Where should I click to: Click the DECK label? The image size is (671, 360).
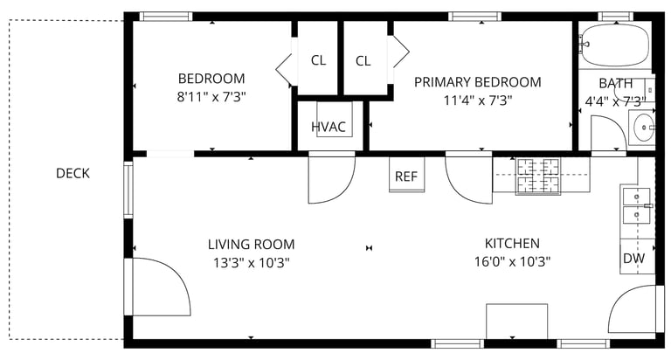pos(73,173)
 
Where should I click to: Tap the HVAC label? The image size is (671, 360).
pos(329,127)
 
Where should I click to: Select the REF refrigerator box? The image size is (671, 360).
pos(406,175)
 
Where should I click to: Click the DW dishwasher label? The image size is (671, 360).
pos(633,258)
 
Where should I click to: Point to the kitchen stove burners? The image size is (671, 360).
pos(538,176)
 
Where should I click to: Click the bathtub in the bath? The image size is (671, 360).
pos(615,45)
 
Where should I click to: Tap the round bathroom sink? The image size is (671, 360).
pos(644,127)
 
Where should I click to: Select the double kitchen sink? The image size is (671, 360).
pos(636,206)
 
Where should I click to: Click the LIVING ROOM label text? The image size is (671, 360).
pos(252,245)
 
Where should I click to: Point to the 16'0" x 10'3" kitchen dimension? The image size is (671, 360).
pos(512,261)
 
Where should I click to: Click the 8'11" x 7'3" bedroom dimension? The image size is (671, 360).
pos(211,97)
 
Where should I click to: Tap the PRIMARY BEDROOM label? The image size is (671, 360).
pos(478,82)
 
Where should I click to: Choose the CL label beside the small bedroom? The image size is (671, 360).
pos(318,60)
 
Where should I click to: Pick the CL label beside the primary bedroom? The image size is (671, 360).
pos(363,61)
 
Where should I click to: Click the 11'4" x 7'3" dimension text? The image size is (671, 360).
pos(478,100)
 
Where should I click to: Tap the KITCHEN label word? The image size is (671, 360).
pos(512,243)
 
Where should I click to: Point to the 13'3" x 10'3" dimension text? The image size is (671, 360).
pos(252,262)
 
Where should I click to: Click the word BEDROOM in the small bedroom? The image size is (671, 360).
pos(211,79)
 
